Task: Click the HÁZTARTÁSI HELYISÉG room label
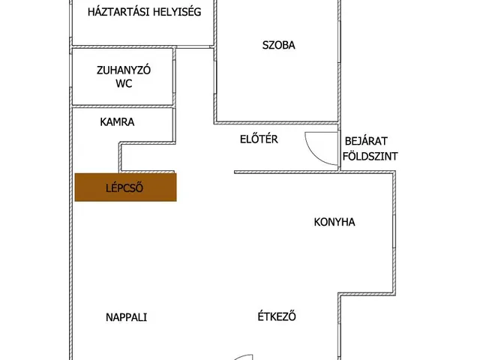tap(144, 12)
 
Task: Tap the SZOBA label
tap(278, 45)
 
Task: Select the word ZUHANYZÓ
tap(124, 70)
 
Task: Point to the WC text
tap(124, 84)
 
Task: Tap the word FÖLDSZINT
tap(369, 157)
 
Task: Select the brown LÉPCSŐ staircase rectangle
tap(125, 187)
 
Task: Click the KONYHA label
tap(334, 222)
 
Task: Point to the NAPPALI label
tap(126, 317)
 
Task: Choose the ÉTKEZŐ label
tap(276, 316)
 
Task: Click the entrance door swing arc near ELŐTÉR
tap(318, 145)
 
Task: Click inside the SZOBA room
tap(277, 82)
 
